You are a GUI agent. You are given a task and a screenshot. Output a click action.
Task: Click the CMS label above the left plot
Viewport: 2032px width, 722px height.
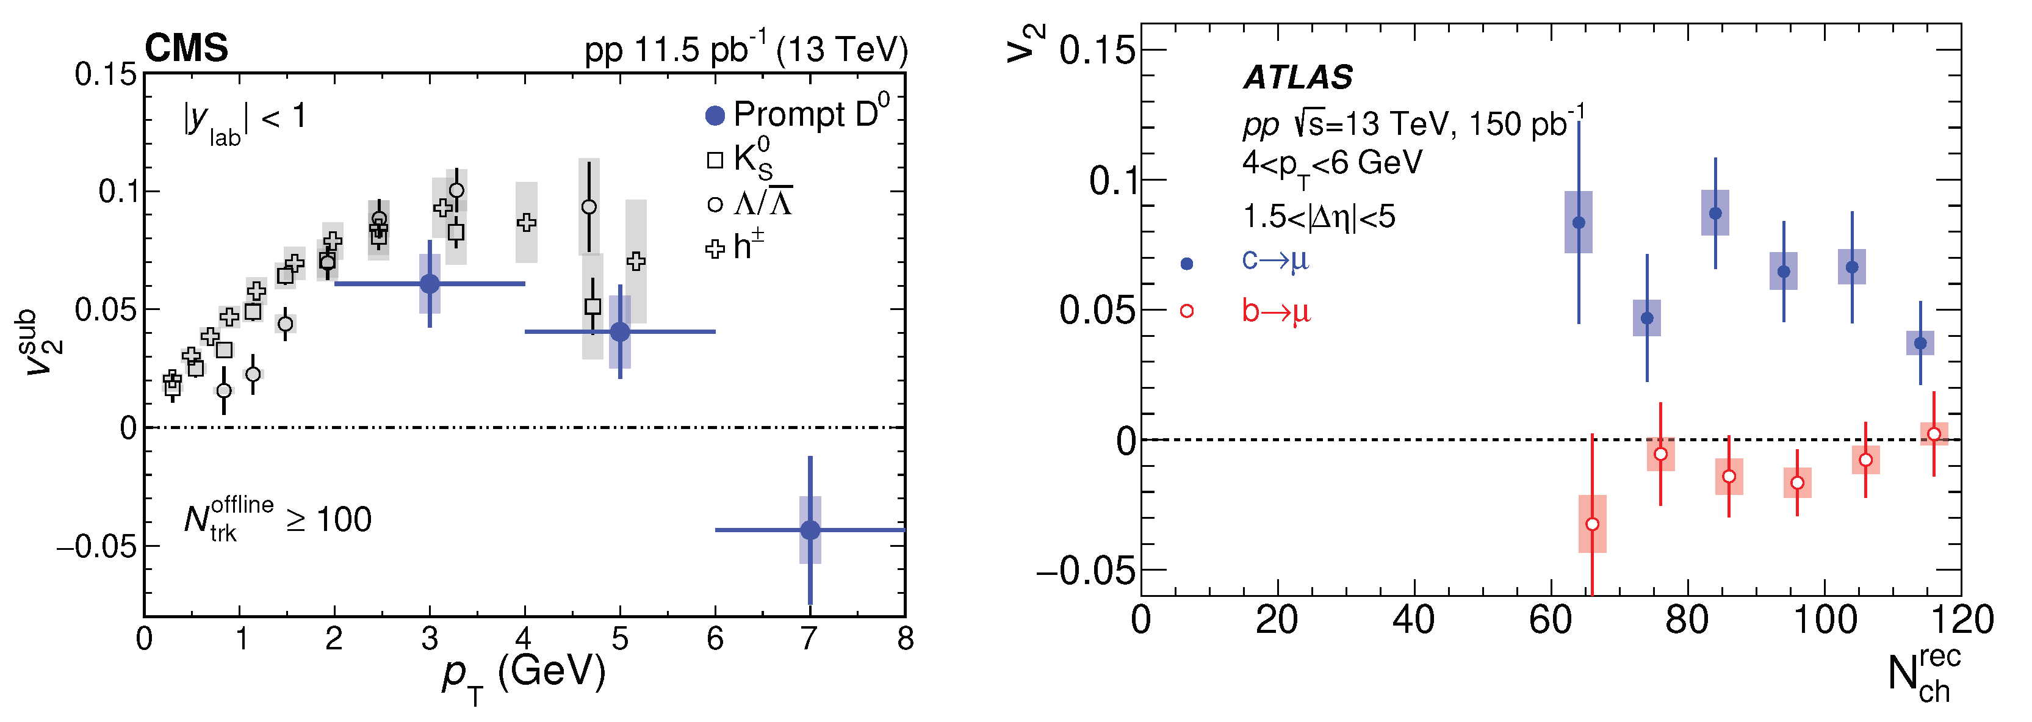coord(186,48)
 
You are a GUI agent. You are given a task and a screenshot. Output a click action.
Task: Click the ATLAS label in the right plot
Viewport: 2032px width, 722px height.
coord(1297,78)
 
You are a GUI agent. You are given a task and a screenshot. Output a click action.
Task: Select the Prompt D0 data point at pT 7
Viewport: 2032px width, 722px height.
coord(810,530)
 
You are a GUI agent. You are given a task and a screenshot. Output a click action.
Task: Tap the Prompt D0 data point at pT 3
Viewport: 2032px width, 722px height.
coord(430,284)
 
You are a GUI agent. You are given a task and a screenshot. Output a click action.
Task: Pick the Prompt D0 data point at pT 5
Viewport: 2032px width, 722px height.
coord(620,332)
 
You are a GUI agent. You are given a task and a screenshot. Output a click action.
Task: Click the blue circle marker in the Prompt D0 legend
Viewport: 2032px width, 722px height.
coord(715,116)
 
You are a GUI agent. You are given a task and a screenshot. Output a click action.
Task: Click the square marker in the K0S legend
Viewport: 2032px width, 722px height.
coord(715,160)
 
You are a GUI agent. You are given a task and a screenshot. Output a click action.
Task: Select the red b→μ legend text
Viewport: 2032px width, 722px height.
coord(1275,311)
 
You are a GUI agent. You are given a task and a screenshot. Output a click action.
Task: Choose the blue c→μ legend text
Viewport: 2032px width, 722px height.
coord(1275,259)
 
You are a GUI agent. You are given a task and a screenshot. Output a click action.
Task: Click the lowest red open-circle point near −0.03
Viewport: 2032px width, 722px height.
coord(1593,524)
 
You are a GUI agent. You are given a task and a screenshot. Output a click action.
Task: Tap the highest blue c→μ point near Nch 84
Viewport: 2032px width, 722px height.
coord(1715,213)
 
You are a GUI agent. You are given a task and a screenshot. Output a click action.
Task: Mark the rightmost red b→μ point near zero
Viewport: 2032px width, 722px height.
coord(1933,434)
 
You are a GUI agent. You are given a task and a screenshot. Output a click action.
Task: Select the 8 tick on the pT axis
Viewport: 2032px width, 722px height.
coord(905,638)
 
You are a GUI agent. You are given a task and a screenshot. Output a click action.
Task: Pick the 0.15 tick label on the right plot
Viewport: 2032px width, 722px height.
coord(1097,51)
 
